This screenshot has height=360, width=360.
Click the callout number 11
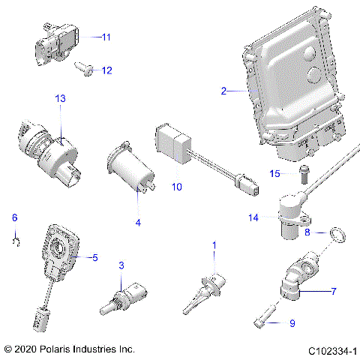coord(106,36)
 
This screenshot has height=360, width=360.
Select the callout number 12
coord(106,70)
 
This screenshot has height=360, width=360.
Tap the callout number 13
coord(60,99)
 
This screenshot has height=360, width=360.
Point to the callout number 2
coord(223,91)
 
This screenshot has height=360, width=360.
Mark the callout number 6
coord(13,218)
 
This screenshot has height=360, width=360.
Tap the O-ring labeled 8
coord(340,238)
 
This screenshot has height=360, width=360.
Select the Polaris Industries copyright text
coord(69,349)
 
